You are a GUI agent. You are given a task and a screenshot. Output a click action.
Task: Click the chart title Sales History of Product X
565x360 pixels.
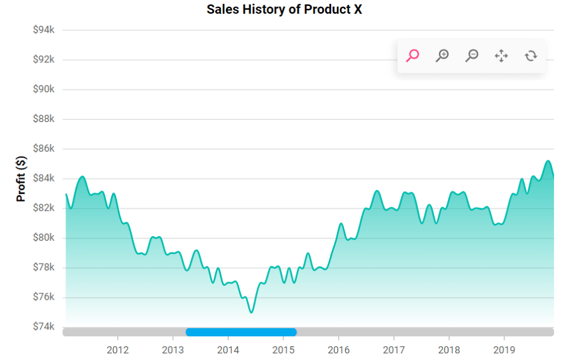tap(284, 10)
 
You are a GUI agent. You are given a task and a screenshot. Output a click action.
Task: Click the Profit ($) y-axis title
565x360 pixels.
tap(21, 178)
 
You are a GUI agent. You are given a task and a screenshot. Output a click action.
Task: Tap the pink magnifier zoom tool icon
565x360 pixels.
tap(412, 55)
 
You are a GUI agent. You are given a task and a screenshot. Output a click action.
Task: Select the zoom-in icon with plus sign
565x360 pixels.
tap(442, 55)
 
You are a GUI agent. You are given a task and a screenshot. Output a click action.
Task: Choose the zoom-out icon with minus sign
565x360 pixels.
tap(472, 55)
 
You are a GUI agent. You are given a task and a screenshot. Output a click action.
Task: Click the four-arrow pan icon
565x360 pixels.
tap(501, 55)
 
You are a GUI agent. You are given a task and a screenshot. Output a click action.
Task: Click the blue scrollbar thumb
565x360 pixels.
tap(241, 332)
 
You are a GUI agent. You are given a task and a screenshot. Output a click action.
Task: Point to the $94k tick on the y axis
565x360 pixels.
tap(44, 30)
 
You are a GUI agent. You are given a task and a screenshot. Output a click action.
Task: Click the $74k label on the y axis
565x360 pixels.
tap(44, 326)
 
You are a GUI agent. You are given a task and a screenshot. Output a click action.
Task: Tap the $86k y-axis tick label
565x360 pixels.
tap(44, 149)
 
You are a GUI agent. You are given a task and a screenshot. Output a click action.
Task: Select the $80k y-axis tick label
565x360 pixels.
tap(44, 237)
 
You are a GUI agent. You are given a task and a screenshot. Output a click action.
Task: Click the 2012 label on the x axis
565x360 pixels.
tap(118, 350)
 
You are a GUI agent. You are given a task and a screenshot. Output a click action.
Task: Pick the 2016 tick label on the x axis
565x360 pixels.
tap(338, 350)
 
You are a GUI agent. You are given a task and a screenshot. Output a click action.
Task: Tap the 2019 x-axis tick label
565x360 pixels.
tap(504, 350)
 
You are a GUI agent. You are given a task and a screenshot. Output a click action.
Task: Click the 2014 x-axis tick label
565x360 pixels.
tap(228, 350)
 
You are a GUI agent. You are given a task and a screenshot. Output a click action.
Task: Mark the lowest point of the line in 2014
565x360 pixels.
tap(251, 313)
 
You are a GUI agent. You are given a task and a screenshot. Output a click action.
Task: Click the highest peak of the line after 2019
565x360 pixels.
tap(548, 161)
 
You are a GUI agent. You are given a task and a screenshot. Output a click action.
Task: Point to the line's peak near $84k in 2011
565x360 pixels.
tap(82, 177)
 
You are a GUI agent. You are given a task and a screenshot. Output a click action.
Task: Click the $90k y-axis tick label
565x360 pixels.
tap(44, 89)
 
